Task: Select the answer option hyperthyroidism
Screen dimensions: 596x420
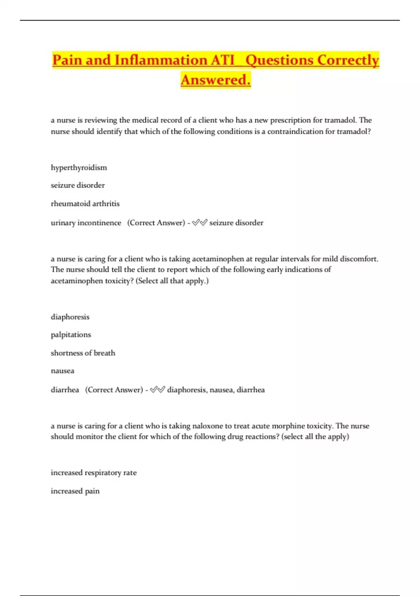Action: coord(79,168)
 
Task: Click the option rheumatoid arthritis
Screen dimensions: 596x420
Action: coord(85,204)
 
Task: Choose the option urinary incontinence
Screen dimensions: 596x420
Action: coord(86,223)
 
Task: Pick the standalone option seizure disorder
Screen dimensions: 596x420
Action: coord(78,185)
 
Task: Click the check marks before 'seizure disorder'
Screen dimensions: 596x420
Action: coord(199,223)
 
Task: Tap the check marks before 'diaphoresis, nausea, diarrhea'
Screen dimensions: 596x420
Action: coord(157,390)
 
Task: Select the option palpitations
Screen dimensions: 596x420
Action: coord(71,335)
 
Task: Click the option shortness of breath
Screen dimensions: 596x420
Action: coord(83,353)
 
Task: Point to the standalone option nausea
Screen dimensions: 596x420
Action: coord(62,371)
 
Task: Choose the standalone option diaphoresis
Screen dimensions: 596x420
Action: coord(70,317)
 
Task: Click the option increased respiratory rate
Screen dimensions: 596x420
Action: coord(93,473)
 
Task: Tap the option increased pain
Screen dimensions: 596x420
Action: coord(75,491)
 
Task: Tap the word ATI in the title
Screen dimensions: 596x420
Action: coord(223,60)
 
